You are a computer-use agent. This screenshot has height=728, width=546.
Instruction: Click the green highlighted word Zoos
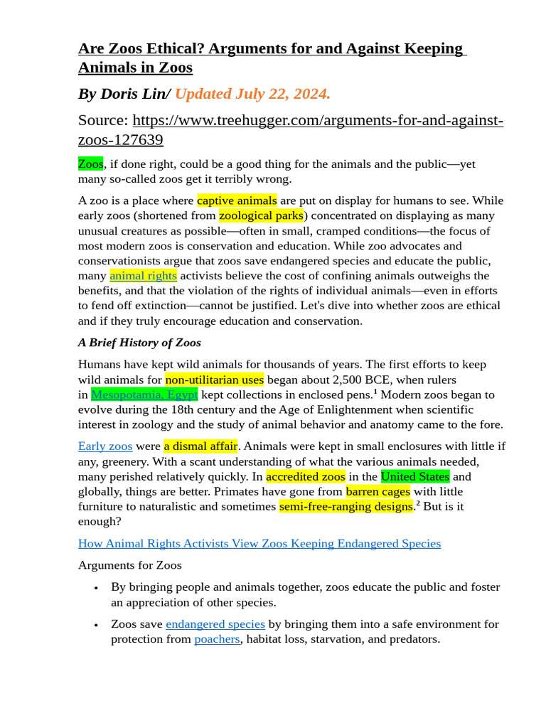click(x=90, y=164)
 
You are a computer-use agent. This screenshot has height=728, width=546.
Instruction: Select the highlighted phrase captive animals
click(x=237, y=200)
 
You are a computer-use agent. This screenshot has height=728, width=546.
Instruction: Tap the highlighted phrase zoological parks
click(x=261, y=215)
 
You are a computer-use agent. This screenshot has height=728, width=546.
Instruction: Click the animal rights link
click(x=143, y=276)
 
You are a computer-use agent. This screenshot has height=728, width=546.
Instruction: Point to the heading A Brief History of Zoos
click(x=139, y=343)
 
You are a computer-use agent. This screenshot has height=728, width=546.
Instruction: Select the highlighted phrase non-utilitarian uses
click(x=214, y=380)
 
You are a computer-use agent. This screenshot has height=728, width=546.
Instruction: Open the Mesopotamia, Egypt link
click(x=144, y=395)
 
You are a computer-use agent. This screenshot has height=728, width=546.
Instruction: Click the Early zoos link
click(x=105, y=446)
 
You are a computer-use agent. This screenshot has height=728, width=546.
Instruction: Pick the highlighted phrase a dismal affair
click(x=200, y=446)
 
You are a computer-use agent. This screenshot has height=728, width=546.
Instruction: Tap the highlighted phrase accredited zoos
click(x=306, y=476)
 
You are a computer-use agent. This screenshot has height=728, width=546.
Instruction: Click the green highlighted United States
click(x=415, y=476)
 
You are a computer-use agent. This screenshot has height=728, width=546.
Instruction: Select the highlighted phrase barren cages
click(x=378, y=491)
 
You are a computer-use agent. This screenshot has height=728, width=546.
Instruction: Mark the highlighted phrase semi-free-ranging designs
click(x=346, y=506)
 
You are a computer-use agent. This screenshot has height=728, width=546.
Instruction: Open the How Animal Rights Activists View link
click(x=259, y=544)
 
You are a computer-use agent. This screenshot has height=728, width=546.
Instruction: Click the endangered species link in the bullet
click(x=215, y=624)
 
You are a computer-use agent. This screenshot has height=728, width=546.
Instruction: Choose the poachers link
click(x=217, y=639)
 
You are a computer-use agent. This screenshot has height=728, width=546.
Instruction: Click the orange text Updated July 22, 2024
click(x=252, y=94)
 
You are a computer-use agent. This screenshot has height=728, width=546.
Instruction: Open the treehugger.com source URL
click(x=318, y=120)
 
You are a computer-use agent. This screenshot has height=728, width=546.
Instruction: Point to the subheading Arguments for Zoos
click(x=129, y=565)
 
